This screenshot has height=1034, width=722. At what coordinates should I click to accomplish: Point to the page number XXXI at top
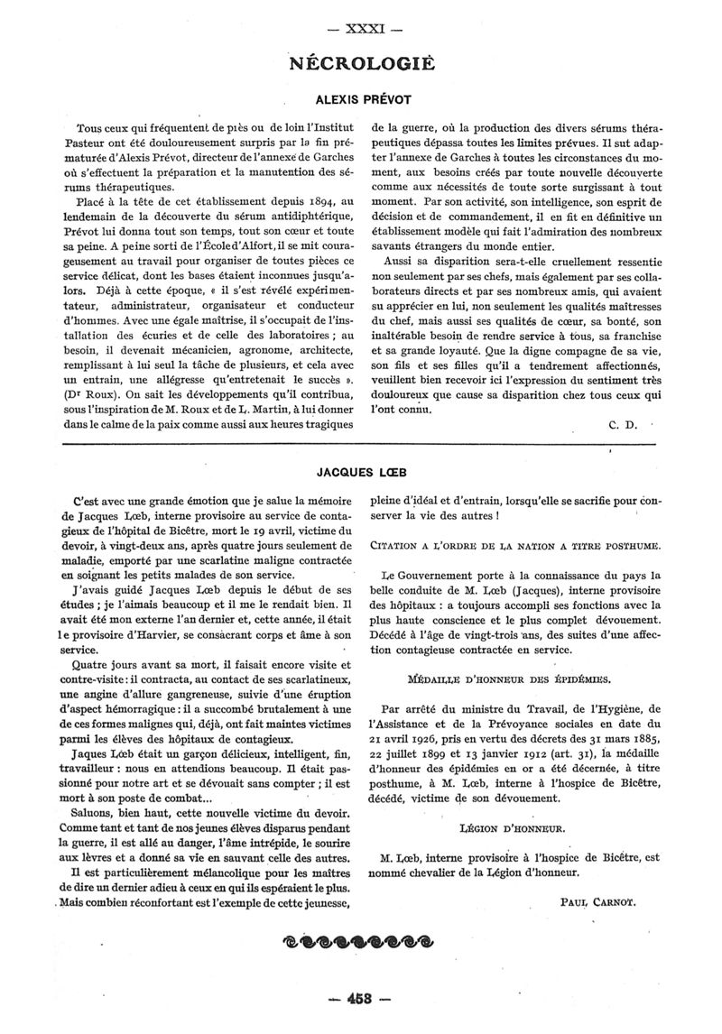click(x=360, y=28)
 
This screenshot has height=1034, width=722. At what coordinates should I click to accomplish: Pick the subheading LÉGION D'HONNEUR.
click(x=513, y=826)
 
